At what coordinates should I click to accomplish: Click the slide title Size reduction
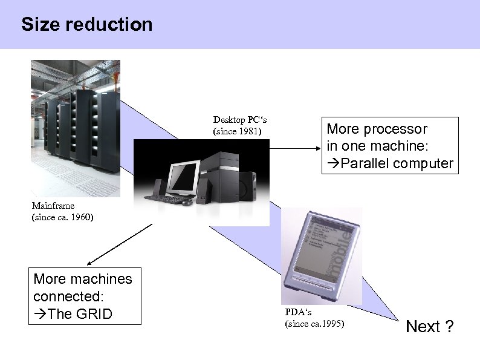pyautogui.click(x=86, y=25)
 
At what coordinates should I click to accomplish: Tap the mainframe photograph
pyautogui.click(x=76, y=129)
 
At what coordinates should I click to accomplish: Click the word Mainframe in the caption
pyautogui.click(x=53, y=206)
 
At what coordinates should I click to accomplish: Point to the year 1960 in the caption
pyautogui.click(x=80, y=217)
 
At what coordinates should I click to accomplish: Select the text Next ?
pyautogui.click(x=430, y=327)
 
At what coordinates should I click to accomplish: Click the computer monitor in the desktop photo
pyautogui.click(x=188, y=172)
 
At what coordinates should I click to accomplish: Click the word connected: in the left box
pyautogui.click(x=69, y=296)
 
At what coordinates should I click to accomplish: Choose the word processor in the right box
pyautogui.click(x=398, y=129)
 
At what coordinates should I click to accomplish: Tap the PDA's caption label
pyautogui.click(x=299, y=312)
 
